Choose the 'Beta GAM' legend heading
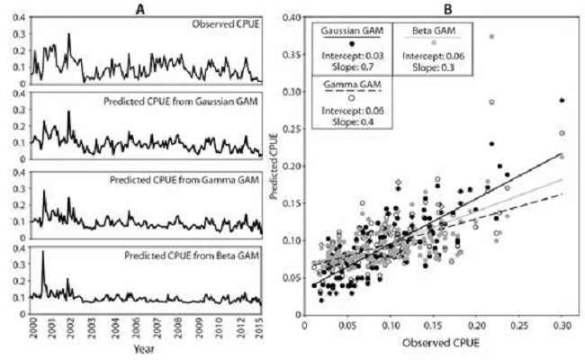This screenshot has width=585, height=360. [435, 31]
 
